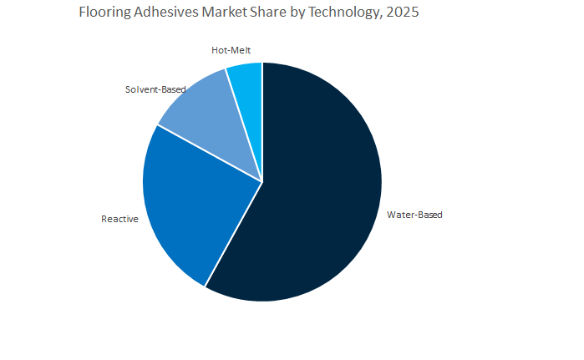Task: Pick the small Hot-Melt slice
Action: pyautogui.click(x=247, y=84)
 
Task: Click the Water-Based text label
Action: pyautogui.click(x=414, y=215)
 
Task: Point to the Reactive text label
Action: pyautogui.click(x=119, y=219)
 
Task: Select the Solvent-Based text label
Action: pyautogui.click(x=155, y=89)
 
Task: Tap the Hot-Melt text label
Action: pyautogui.click(x=231, y=51)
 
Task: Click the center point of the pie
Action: pyautogui.click(x=262, y=180)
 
